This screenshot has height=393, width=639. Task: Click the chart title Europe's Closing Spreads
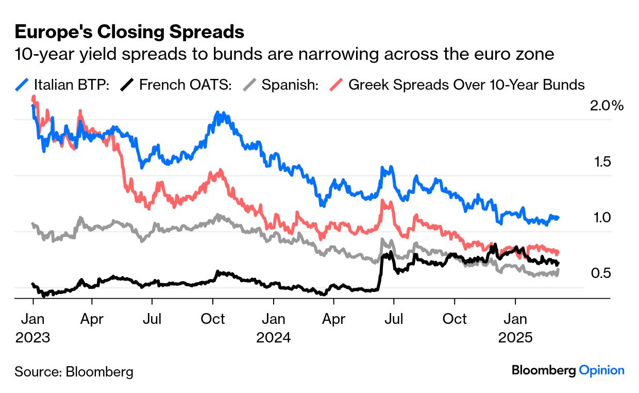(x=129, y=32)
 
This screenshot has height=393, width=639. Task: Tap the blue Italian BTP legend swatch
(x=22, y=85)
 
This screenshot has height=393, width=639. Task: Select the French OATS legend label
(x=185, y=85)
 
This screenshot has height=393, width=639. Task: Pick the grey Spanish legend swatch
(x=250, y=85)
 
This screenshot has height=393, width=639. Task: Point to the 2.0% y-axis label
(x=607, y=106)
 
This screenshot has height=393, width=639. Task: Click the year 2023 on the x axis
(x=32, y=338)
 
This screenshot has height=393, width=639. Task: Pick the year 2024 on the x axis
(x=274, y=338)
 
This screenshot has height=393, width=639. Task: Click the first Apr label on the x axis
(x=92, y=319)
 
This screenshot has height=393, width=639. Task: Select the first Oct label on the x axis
(x=213, y=319)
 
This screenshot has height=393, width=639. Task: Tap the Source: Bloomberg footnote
(x=74, y=371)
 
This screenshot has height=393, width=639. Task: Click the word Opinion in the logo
(x=601, y=370)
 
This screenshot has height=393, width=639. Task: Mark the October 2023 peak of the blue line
(x=219, y=113)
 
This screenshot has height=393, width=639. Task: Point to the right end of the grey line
(x=559, y=270)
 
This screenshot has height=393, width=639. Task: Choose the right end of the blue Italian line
(x=559, y=218)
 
